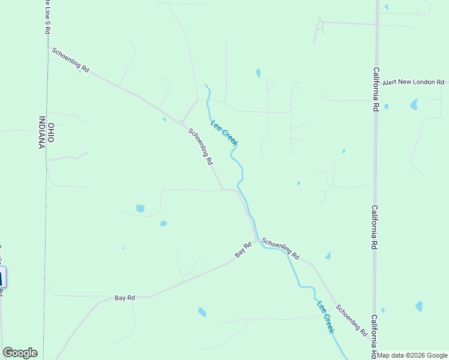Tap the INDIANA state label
click(42, 133)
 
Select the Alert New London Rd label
click(413, 82)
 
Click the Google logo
click(20, 353)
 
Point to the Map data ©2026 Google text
click(412, 355)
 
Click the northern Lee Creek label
click(224, 133)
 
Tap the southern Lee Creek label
click(325, 316)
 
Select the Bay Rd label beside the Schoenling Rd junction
click(243, 250)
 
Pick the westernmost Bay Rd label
click(125, 298)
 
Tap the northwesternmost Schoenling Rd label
click(70, 61)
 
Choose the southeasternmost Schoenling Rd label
click(352, 320)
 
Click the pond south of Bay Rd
click(202, 312)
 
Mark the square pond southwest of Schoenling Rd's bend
click(140, 208)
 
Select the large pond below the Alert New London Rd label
click(414, 104)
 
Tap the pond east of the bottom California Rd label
click(418, 307)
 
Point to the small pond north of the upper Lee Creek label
click(258, 73)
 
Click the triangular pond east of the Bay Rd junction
click(328, 256)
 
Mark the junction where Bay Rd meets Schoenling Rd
click(258, 241)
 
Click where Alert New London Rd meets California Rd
click(376, 82)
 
